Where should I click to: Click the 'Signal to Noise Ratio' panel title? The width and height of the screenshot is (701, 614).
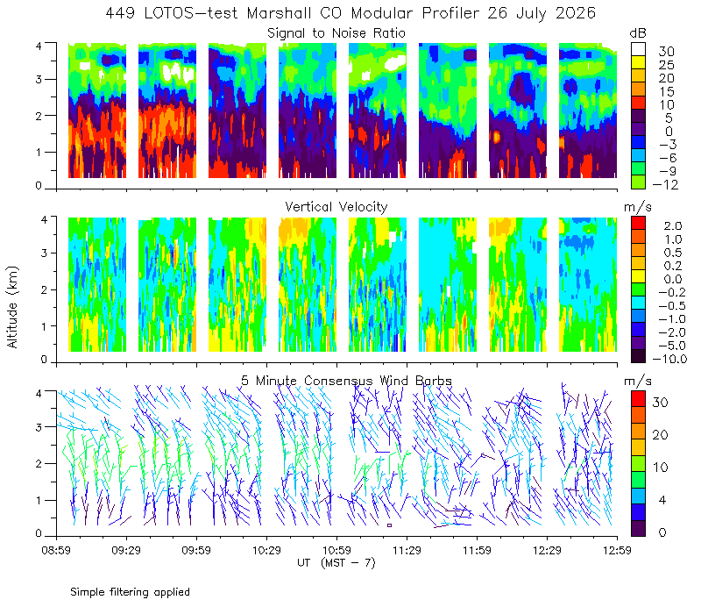(336, 33)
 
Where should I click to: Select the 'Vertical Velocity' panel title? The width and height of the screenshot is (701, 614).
(336, 207)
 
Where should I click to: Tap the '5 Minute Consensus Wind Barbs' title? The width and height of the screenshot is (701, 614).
(346, 381)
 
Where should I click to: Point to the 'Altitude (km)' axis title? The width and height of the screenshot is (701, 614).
(12, 307)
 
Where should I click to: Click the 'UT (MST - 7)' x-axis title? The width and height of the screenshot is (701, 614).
(336, 563)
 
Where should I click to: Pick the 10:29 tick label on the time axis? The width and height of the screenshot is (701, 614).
(266, 550)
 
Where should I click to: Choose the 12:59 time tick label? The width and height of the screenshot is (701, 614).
(617, 550)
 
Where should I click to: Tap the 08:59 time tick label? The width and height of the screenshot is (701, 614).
(56, 550)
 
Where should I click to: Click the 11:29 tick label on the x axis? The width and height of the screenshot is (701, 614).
(407, 550)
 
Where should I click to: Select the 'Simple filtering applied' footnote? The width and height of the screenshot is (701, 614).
(130, 592)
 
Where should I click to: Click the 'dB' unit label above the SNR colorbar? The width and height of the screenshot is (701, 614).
(638, 33)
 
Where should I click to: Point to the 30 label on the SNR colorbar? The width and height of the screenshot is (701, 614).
(666, 52)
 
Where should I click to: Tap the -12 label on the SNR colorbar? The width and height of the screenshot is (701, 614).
(665, 184)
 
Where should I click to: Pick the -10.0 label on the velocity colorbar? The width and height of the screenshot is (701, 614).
(669, 359)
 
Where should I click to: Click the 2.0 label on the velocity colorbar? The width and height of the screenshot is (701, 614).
(673, 226)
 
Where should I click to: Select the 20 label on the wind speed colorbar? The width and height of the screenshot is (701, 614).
(660, 434)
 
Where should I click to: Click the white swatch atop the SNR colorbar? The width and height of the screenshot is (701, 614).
(639, 49)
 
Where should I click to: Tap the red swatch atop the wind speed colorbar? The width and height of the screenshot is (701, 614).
(639, 399)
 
